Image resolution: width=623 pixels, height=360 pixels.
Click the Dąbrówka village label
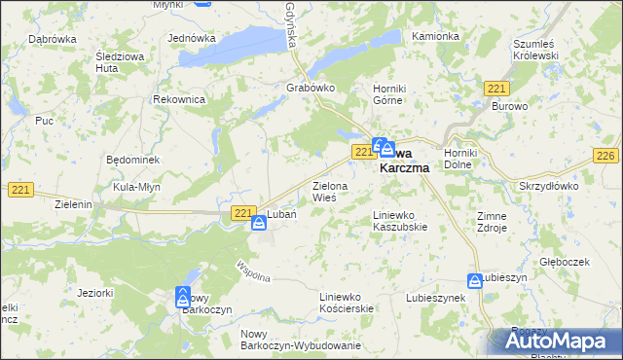pos(53,38)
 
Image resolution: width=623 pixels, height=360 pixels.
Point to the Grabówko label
pos(311,88)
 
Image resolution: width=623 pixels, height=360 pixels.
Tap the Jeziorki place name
pos(94,292)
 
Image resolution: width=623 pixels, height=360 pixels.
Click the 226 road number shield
pos(606,156)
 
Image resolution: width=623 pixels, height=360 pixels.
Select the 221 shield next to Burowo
pos(495,89)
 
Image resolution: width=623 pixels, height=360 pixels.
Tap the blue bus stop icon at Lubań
pos(259,224)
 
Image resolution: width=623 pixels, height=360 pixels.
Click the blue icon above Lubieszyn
pos(474,280)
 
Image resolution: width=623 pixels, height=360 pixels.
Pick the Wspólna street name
pos(250,268)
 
